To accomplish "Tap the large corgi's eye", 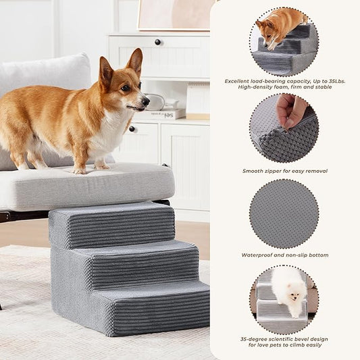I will [x=126, y=88].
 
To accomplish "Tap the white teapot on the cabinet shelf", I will [x=155, y=101].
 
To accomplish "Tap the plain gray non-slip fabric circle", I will [x=284, y=213].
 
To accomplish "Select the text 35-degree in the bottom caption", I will [x=253, y=339].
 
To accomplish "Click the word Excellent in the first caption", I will [x=239, y=80].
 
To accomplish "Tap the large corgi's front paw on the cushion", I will [x=101, y=165].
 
